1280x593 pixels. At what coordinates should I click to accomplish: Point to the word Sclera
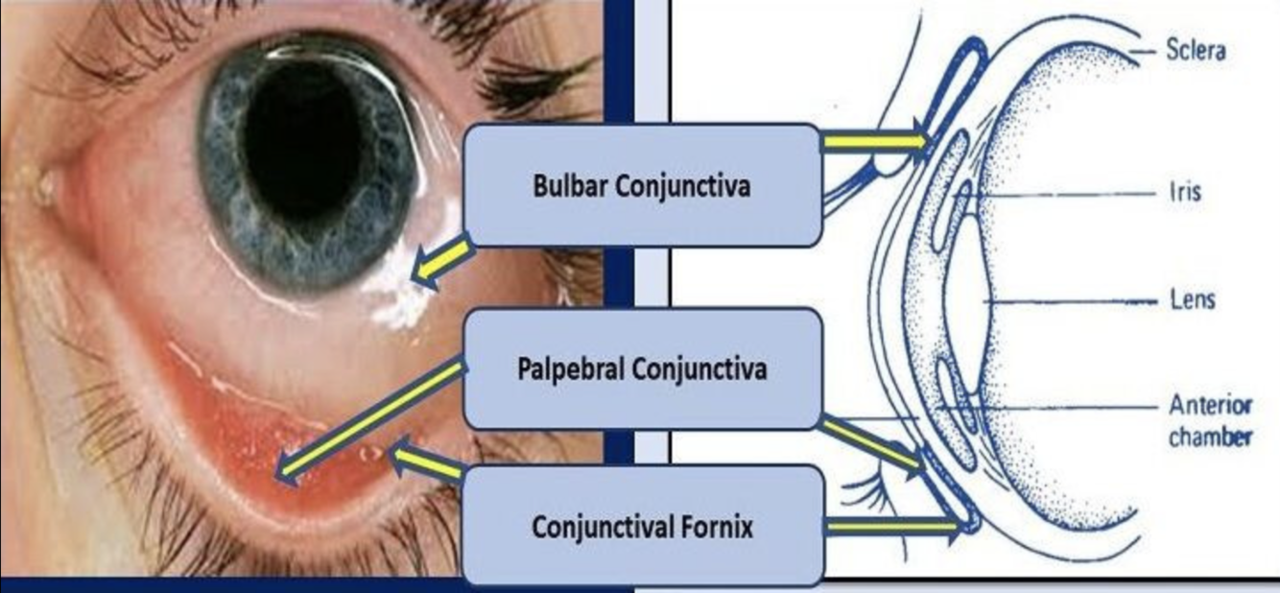[1195, 50]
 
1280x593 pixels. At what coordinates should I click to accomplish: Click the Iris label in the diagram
[1184, 193]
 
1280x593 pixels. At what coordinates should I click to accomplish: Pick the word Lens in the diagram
[1192, 300]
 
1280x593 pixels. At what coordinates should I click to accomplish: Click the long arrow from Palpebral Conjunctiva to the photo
[369, 420]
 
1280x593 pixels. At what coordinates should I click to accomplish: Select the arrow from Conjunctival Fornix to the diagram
[892, 526]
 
